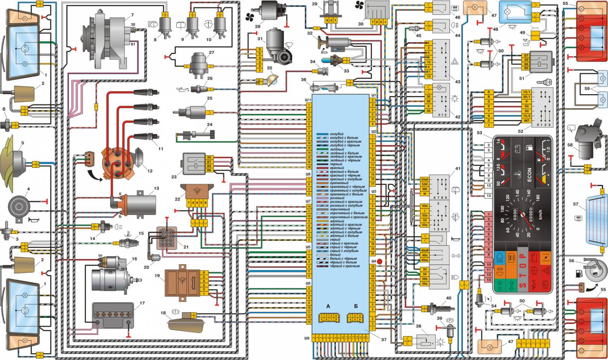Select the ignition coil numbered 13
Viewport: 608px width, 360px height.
140,204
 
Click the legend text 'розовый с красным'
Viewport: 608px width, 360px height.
346,201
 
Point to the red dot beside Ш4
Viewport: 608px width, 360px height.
380,261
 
